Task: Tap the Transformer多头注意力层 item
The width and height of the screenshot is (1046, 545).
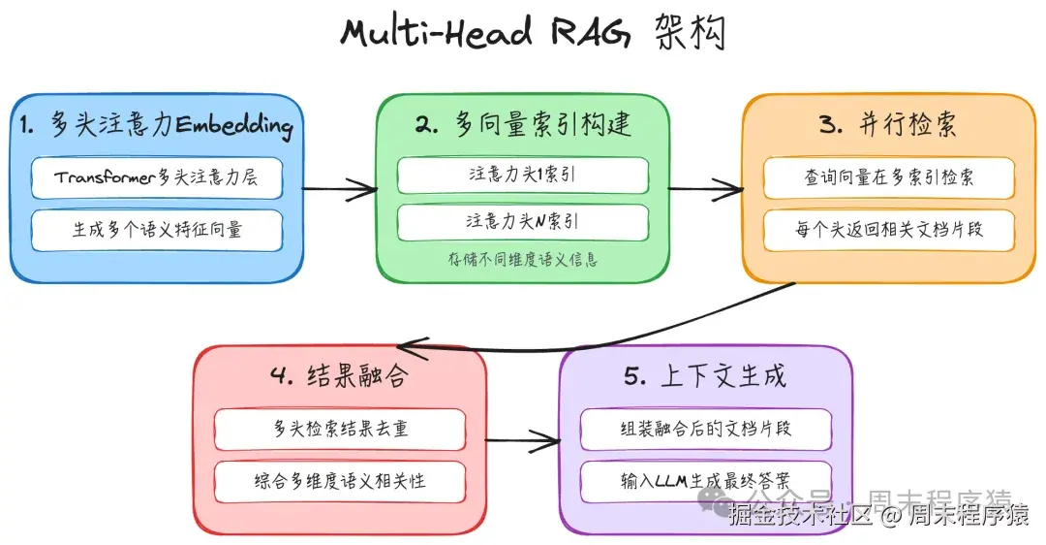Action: pyautogui.click(x=156, y=178)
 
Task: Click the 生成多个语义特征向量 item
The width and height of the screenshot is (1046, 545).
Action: pyautogui.click(x=156, y=230)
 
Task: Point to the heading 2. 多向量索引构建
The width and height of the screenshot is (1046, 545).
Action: pyautogui.click(x=523, y=124)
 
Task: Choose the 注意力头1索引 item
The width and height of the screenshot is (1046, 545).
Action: pyautogui.click(x=523, y=176)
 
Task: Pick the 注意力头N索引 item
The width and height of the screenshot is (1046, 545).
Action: pyautogui.click(x=523, y=222)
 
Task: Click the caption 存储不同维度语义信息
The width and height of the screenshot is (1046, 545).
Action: pyautogui.click(x=523, y=259)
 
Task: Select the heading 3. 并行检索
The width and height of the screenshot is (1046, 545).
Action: pyautogui.click(x=888, y=125)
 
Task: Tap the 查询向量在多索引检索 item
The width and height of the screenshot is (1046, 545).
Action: pyautogui.click(x=888, y=178)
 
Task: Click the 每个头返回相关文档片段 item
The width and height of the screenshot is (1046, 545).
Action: pyautogui.click(x=888, y=230)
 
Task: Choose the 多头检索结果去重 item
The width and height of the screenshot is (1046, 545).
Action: pyautogui.click(x=340, y=430)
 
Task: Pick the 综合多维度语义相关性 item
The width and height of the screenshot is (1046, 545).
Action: pyautogui.click(x=340, y=482)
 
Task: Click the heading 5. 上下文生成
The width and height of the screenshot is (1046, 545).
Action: pyautogui.click(x=705, y=376)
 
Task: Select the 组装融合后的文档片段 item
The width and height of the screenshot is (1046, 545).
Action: pyautogui.click(x=705, y=429)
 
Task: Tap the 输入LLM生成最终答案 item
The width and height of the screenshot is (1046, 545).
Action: pyautogui.click(x=705, y=481)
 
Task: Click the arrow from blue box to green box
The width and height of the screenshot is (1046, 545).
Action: pyautogui.click(x=339, y=189)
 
